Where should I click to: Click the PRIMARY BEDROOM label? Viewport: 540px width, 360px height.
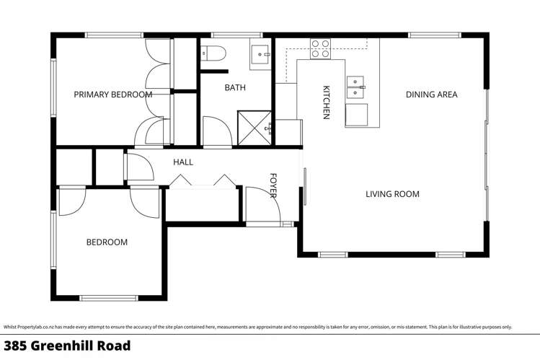click(x=113, y=95)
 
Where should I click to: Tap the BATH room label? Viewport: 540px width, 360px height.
click(x=235, y=88)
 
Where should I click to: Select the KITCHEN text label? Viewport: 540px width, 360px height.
click(x=326, y=102)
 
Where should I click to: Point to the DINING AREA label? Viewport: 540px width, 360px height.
click(x=431, y=95)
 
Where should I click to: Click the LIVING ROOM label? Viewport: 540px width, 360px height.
click(x=392, y=194)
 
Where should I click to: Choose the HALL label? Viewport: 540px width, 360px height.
click(x=183, y=162)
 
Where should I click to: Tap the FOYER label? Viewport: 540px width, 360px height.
click(x=274, y=185)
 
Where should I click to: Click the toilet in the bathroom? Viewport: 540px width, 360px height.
click(x=213, y=52)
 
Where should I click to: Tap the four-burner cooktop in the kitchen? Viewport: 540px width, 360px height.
click(x=320, y=49)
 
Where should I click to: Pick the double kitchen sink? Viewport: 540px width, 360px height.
click(x=355, y=87)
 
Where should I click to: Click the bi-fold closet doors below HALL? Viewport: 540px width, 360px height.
click(x=203, y=181)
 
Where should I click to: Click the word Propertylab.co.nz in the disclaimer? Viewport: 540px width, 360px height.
click(x=35, y=327)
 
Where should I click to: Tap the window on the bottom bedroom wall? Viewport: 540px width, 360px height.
click(x=108, y=297)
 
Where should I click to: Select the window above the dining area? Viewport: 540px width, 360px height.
click(x=434, y=34)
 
